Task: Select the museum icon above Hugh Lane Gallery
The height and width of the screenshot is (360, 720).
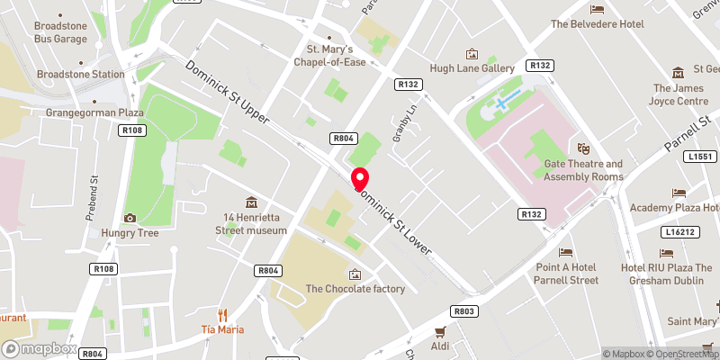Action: pos(470,54)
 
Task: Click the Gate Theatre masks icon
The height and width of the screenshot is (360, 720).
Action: pos(583,148)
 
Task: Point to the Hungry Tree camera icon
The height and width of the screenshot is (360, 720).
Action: pos(130,218)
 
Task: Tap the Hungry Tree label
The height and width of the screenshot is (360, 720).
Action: pos(130,233)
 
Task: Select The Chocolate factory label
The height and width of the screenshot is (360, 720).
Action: pos(355,289)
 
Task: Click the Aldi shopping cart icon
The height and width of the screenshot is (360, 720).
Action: pos(440,331)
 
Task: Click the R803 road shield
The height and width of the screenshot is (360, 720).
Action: pos(464,310)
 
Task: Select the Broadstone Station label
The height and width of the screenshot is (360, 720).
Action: pos(80,75)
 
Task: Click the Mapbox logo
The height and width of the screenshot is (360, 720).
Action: pos(40,348)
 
